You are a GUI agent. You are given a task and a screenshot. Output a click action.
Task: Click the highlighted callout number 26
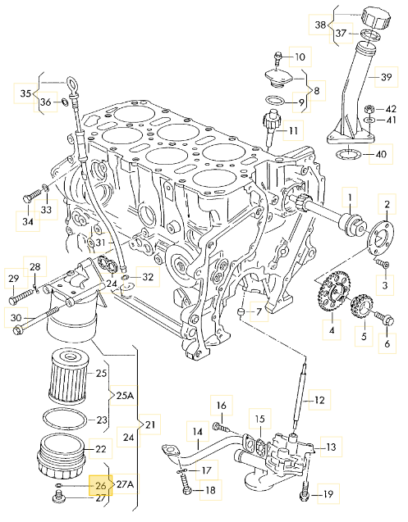point(100,485)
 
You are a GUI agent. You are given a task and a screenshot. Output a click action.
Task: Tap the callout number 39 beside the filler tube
point(387,77)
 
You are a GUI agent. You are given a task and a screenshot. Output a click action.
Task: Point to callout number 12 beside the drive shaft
point(319,400)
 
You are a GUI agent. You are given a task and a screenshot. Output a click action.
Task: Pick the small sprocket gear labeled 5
point(362,306)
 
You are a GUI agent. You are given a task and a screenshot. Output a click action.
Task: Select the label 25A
point(125,396)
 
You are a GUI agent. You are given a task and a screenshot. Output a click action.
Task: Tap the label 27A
point(125,484)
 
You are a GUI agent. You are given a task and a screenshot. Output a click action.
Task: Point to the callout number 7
point(259,312)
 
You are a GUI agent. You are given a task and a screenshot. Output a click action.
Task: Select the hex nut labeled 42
point(369,109)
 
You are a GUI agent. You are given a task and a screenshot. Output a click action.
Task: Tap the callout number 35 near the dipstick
point(25,93)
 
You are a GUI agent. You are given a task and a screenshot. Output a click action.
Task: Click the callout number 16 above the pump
point(221,406)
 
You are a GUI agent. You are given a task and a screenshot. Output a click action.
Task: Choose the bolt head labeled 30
point(18,330)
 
